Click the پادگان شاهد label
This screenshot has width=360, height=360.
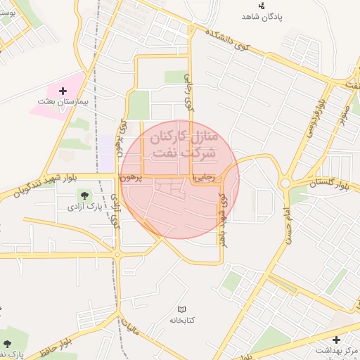point(262,17)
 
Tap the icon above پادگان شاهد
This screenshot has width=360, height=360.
point(262,6)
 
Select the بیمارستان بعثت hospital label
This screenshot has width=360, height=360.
point(64,102)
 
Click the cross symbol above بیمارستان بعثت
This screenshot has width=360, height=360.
point(63,91)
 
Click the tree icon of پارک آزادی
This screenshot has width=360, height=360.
point(85,195)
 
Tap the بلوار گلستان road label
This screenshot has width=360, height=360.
point(329,184)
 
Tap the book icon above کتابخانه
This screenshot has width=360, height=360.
point(181,309)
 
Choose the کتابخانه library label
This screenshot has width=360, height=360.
point(181,321)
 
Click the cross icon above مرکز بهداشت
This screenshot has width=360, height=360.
point(336,340)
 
